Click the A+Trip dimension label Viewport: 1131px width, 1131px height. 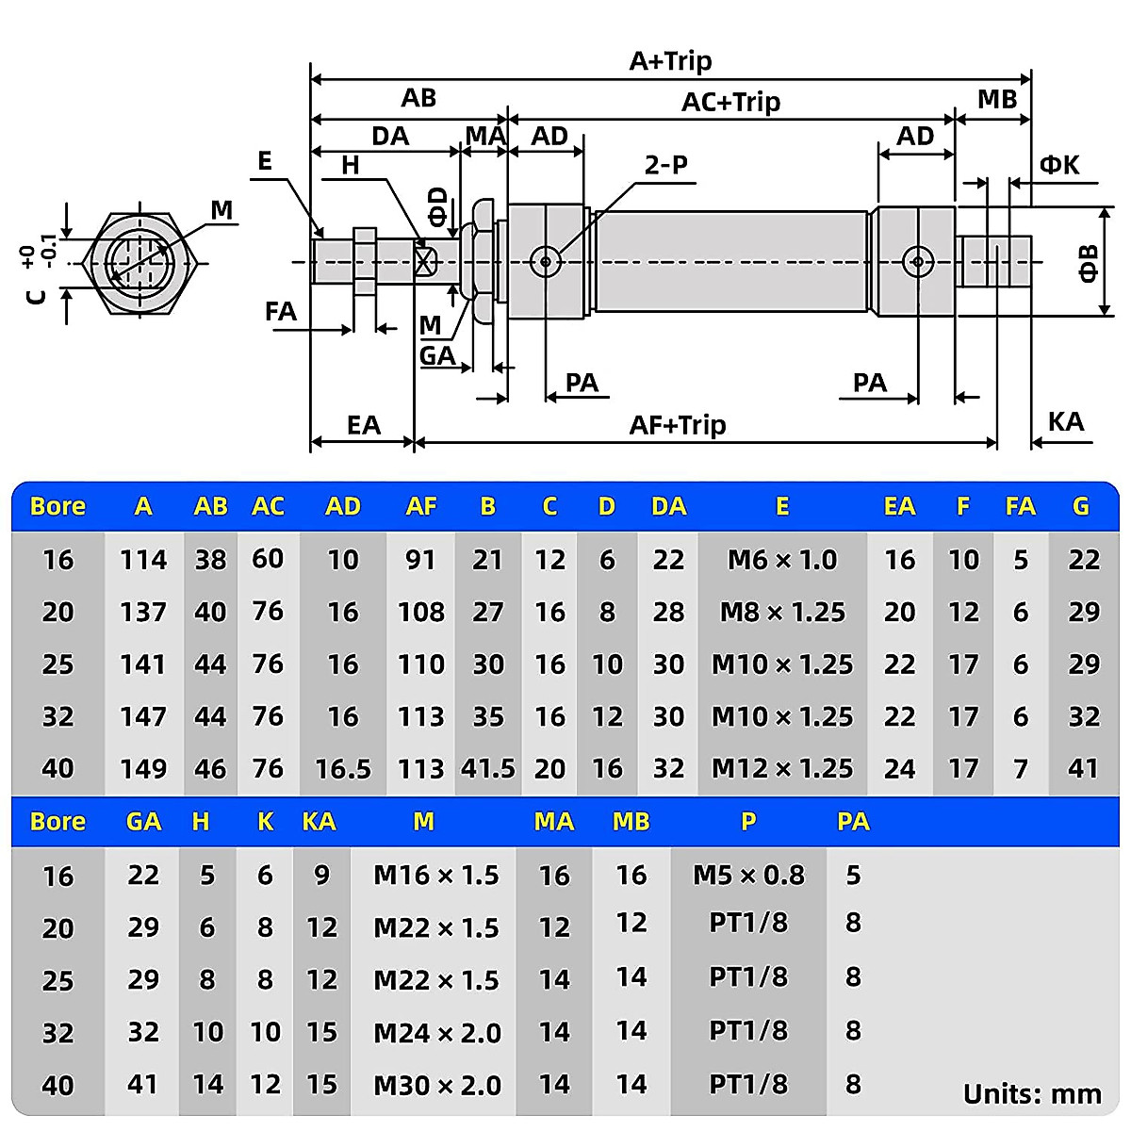coord(670,61)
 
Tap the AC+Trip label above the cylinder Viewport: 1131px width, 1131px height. coord(730,102)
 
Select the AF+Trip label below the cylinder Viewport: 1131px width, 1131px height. coord(677,425)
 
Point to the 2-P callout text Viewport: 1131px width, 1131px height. coord(665,165)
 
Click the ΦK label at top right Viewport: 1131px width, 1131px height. coord(1058,165)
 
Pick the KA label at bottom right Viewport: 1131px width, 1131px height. coord(1065,421)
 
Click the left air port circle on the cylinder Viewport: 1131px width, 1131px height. coord(545,261)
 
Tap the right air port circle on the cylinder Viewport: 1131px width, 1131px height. coord(916,261)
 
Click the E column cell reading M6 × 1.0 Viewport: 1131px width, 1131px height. coord(781,560)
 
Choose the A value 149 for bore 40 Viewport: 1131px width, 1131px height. coord(143,769)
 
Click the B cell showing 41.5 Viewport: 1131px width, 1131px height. coord(487,769)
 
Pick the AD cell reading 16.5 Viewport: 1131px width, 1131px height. coord(343,769)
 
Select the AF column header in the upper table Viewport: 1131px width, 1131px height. coord(420,507)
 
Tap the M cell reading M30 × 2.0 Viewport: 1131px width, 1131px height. coord(437,1085)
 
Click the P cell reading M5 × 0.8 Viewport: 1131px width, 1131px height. coord(748,876)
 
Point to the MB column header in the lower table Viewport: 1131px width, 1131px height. coord(631,822)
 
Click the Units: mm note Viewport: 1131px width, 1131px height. coord(1032,1094)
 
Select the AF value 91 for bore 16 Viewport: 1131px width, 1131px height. coord(420,560)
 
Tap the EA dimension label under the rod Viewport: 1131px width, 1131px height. coord(363,425)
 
